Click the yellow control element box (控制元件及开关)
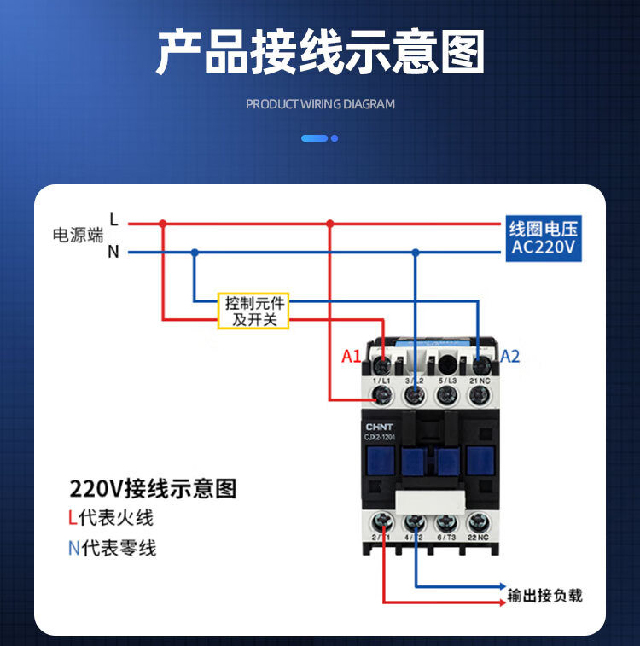point(253,311)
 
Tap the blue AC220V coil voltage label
point(544,239)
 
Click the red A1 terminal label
point(352,357)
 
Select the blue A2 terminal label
point(509,357)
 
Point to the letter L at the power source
point(113,221)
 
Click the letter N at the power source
point(113,252)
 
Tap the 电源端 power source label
point(78,236)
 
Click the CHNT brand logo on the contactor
point(380,427)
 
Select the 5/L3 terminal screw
point(446,394)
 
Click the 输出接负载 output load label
point(544,596)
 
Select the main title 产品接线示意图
point(320,53)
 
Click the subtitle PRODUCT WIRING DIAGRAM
point(320,104)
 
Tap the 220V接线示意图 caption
point(153,489)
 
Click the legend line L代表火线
point(111,518)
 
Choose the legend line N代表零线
point(112,548)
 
